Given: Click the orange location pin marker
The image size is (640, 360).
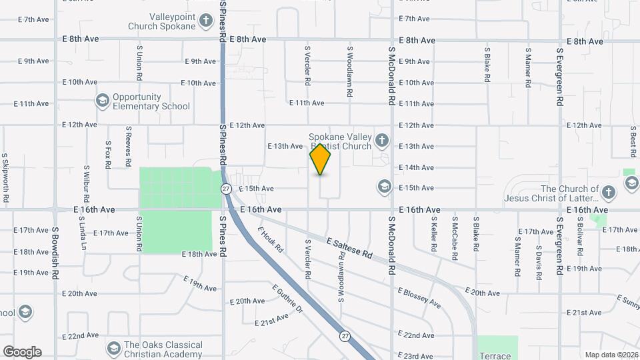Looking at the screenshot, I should [321, 159].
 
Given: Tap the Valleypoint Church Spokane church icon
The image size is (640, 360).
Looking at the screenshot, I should [207, 25].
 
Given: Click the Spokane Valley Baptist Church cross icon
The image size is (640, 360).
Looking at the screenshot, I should [381, 140].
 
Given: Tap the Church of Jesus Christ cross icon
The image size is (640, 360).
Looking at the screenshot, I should [607, 193].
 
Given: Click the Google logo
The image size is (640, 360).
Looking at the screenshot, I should [22, 352].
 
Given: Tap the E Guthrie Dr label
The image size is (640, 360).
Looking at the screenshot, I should [287, 299].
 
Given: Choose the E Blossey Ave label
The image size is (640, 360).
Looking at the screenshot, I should [419, 297].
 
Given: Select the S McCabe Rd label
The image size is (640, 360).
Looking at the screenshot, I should [454, 234].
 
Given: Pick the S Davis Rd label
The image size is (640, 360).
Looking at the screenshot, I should [538, 262].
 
